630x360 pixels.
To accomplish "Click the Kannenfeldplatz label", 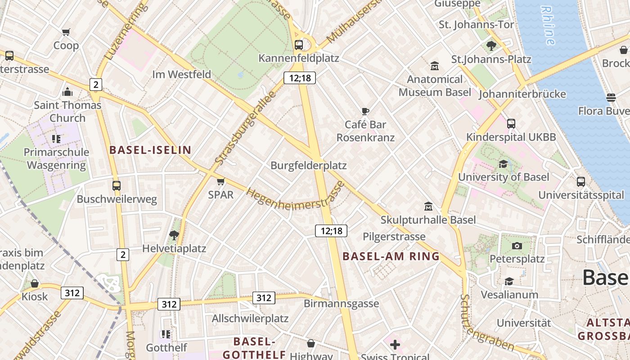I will (x=298, y=58).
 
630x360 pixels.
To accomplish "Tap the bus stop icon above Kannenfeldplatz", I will (x=298, y=45).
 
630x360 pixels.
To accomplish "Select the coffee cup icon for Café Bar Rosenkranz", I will (x=365, y=111).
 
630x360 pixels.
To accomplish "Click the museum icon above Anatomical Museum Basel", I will (x=435, y=66).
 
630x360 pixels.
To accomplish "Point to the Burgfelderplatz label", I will (x=308, y=166).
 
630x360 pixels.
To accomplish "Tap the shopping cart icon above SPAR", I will (x=220, y=181).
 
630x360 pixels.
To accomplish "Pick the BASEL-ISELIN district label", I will (x=150, y=150).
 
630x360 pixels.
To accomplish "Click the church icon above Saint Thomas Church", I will (x=67, y=92).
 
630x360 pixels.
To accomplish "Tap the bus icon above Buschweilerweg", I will (x=117, y=185).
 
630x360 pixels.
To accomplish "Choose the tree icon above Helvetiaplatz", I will (x=174, y=234).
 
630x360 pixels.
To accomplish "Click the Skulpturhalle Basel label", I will (x=428, y=220).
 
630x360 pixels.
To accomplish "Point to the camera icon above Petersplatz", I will (x=517, y=246).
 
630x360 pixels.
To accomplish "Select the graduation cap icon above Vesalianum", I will (x=509, y=281).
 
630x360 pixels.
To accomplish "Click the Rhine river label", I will (x=548, y=25).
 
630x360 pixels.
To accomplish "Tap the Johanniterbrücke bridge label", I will (x=522, y=94).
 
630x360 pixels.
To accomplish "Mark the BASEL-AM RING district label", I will (x=391, y=256).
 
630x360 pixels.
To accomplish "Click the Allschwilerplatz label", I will (x=250, y=319).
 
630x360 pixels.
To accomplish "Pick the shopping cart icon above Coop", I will (x=66, y=32).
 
